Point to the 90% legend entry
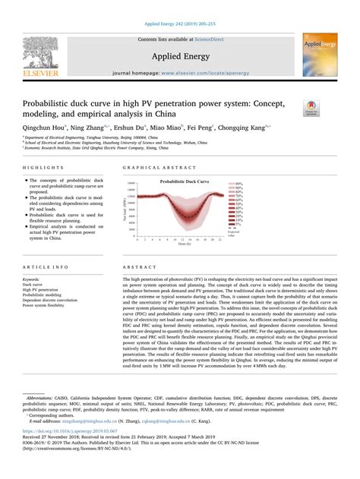point(238,184)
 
